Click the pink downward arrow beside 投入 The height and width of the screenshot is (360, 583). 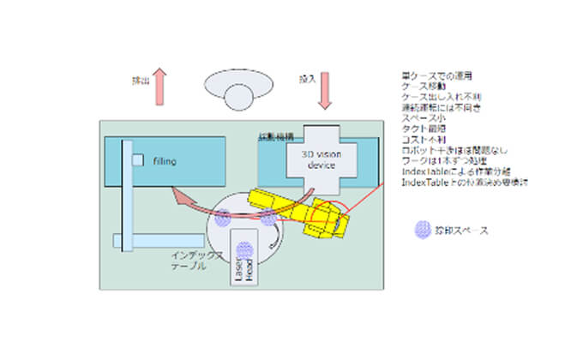click(x=325, y=89)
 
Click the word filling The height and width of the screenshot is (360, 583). click(x=165, y=160)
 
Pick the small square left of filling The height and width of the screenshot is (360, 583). click(x=137, y=160)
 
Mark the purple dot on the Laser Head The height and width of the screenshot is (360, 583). click(x=244, y=249)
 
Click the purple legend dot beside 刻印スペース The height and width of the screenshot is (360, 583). click(x=422, y=231)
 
